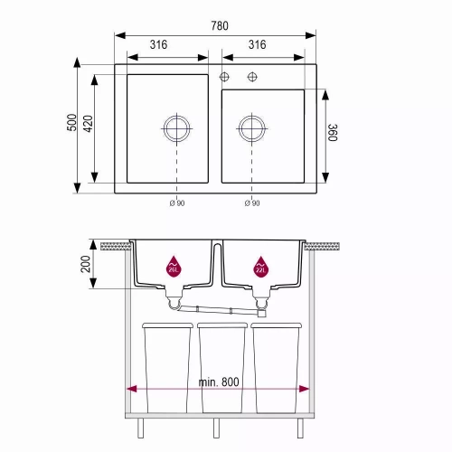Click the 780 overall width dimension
[220, 25]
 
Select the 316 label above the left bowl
[158, 44]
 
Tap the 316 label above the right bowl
[257, 44]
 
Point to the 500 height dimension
[71, 122]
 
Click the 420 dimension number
[88, 123]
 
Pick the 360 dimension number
[333, 132]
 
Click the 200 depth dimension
[86, 264]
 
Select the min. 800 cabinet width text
[219, 382]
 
